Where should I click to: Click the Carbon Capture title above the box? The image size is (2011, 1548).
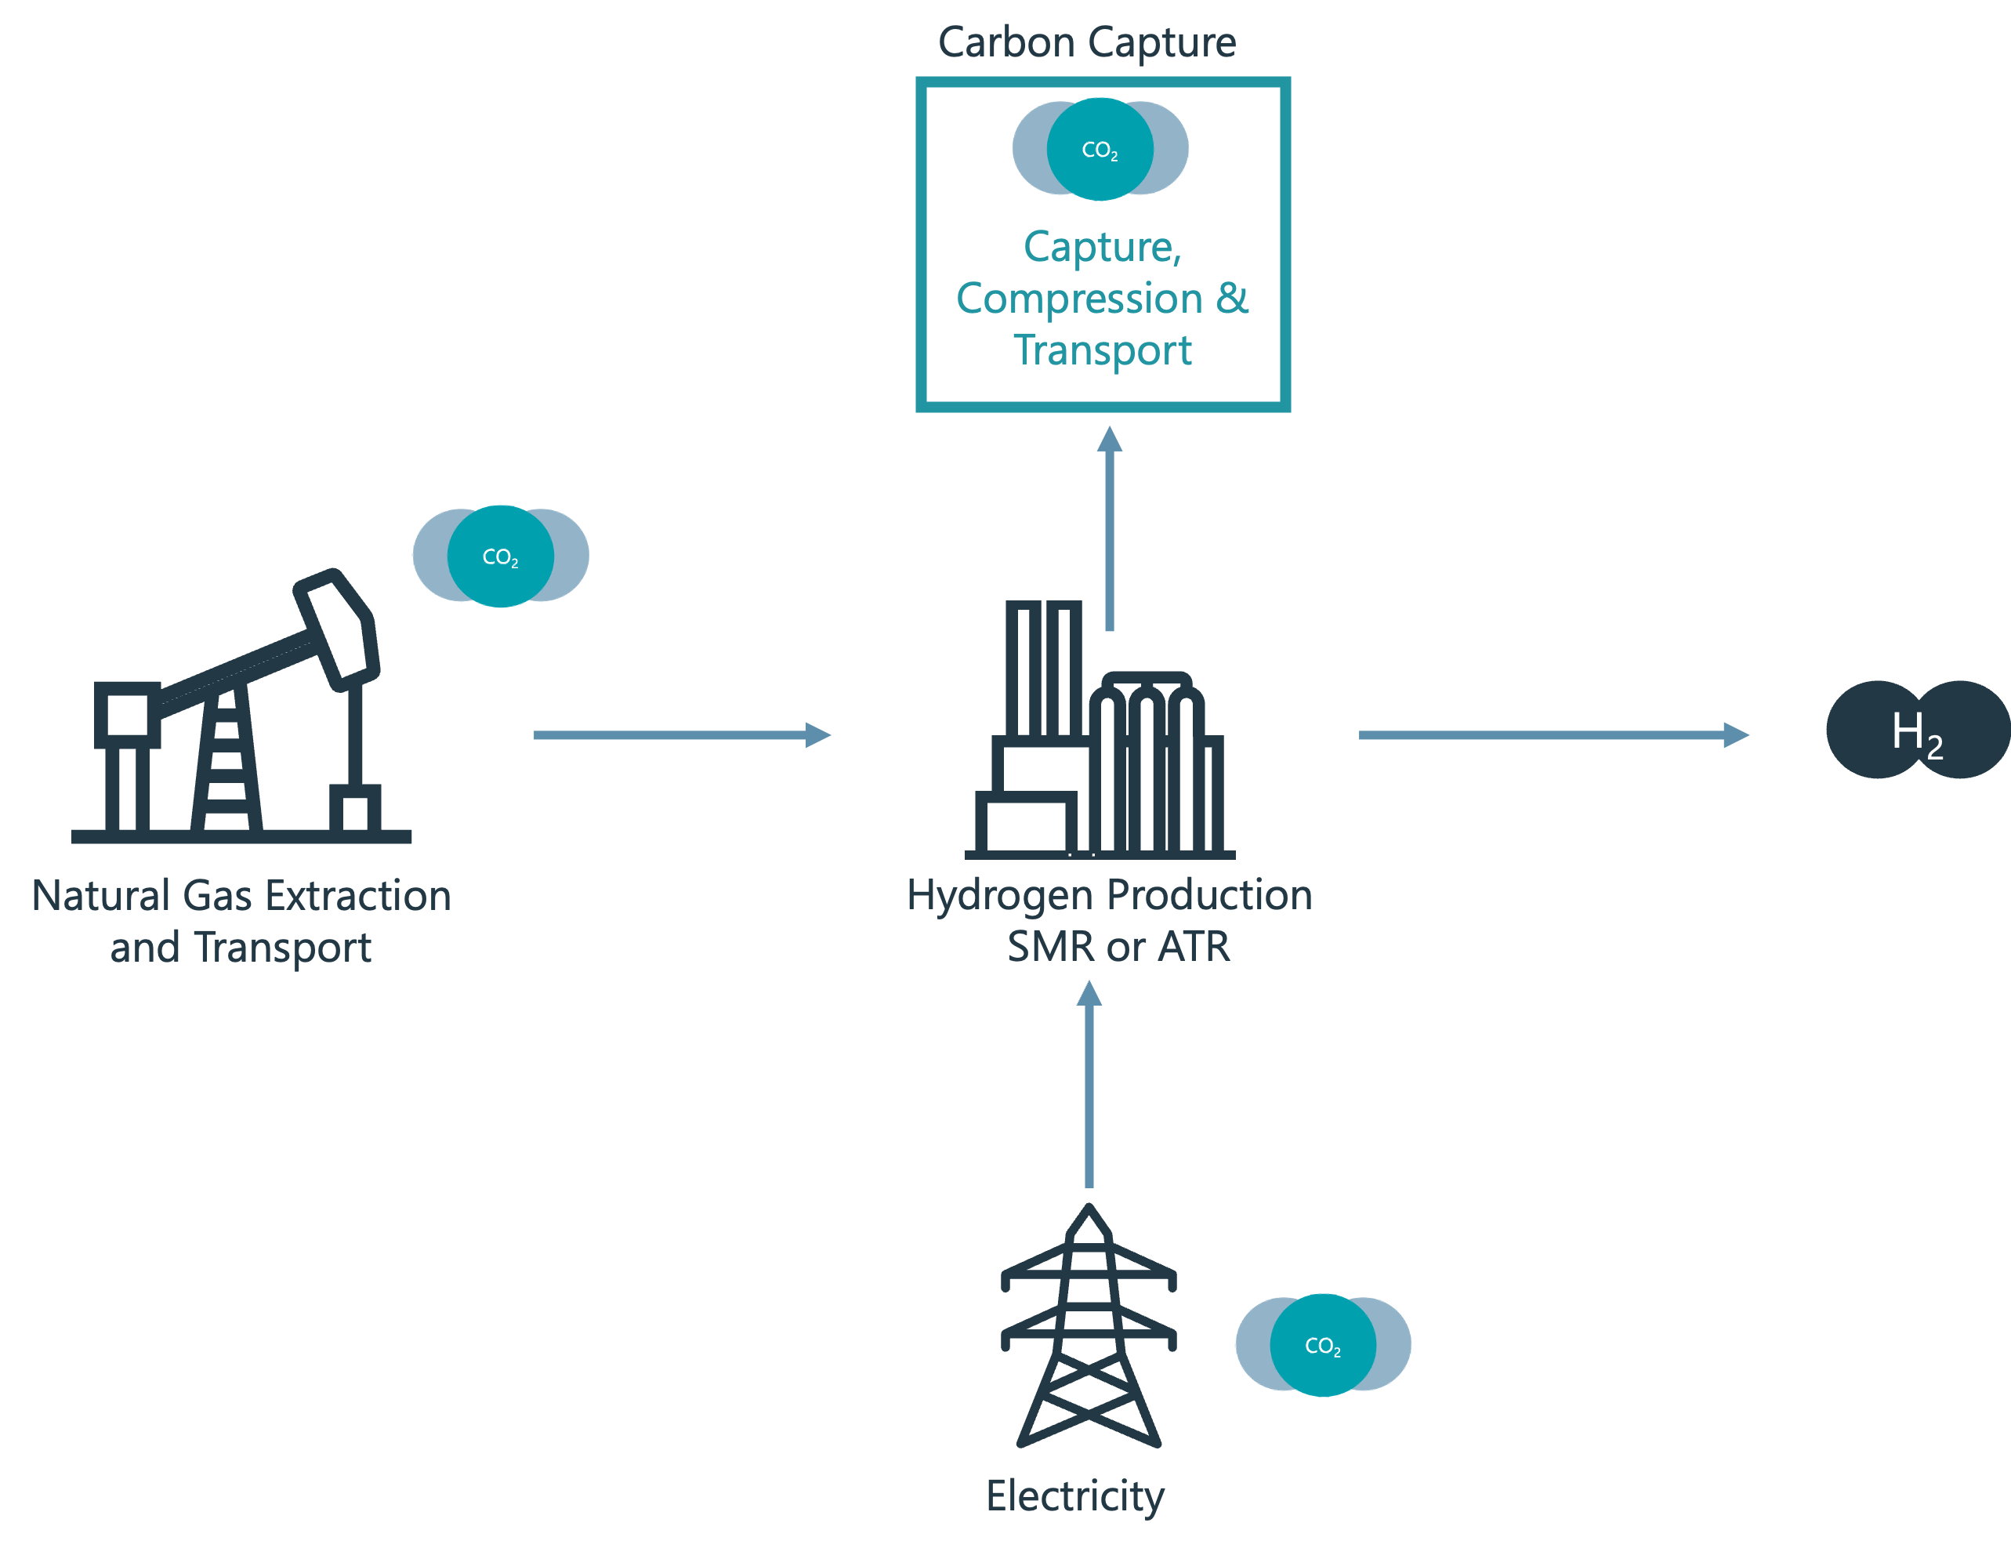[1086, 42]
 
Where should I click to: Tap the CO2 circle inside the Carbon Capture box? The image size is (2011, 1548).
[1100, 148]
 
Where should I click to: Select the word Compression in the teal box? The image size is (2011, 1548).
[1079, 299]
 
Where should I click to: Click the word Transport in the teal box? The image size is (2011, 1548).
[1102, 350]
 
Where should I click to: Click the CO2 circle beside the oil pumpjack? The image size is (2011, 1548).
[500, 556]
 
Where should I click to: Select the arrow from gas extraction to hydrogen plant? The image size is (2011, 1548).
[681, 735]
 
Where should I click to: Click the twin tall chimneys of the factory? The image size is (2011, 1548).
[1043, 668]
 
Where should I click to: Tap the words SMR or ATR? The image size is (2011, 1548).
[1118, 947]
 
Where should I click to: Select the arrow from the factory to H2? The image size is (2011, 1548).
[1553, 735]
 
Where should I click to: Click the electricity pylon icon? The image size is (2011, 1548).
[1089, 1326]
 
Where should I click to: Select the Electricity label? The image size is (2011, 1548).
[1074, 1495]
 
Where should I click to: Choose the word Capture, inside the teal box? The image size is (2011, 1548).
[1102, 247]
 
